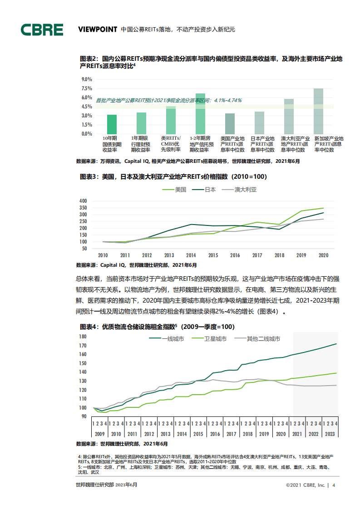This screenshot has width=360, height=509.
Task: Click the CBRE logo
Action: click(x=42, y=29)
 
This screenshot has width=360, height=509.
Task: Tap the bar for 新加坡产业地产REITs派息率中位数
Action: click(x=318, y=111)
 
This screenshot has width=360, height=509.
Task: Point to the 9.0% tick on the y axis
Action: click(x=87, y=79)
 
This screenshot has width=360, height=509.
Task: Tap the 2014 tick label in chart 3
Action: click(x=191, y=255)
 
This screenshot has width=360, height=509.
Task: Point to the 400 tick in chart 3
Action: click(x=83, y=201)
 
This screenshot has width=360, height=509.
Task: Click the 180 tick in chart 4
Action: click(x=82, y=336)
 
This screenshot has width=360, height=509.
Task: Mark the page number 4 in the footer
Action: click(x=334, y=485)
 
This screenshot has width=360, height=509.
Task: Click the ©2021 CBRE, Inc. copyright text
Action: click(x=305, y=485)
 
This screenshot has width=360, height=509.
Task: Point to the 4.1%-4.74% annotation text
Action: click(x=227, y=100)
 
